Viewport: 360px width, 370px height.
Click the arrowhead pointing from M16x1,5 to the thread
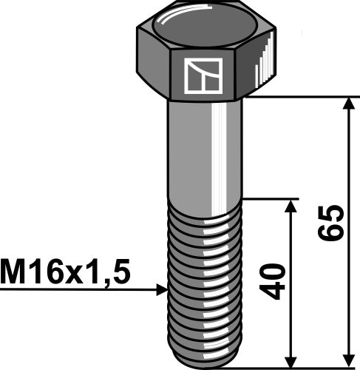point(162,290)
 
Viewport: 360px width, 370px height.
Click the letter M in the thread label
point(13,274)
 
